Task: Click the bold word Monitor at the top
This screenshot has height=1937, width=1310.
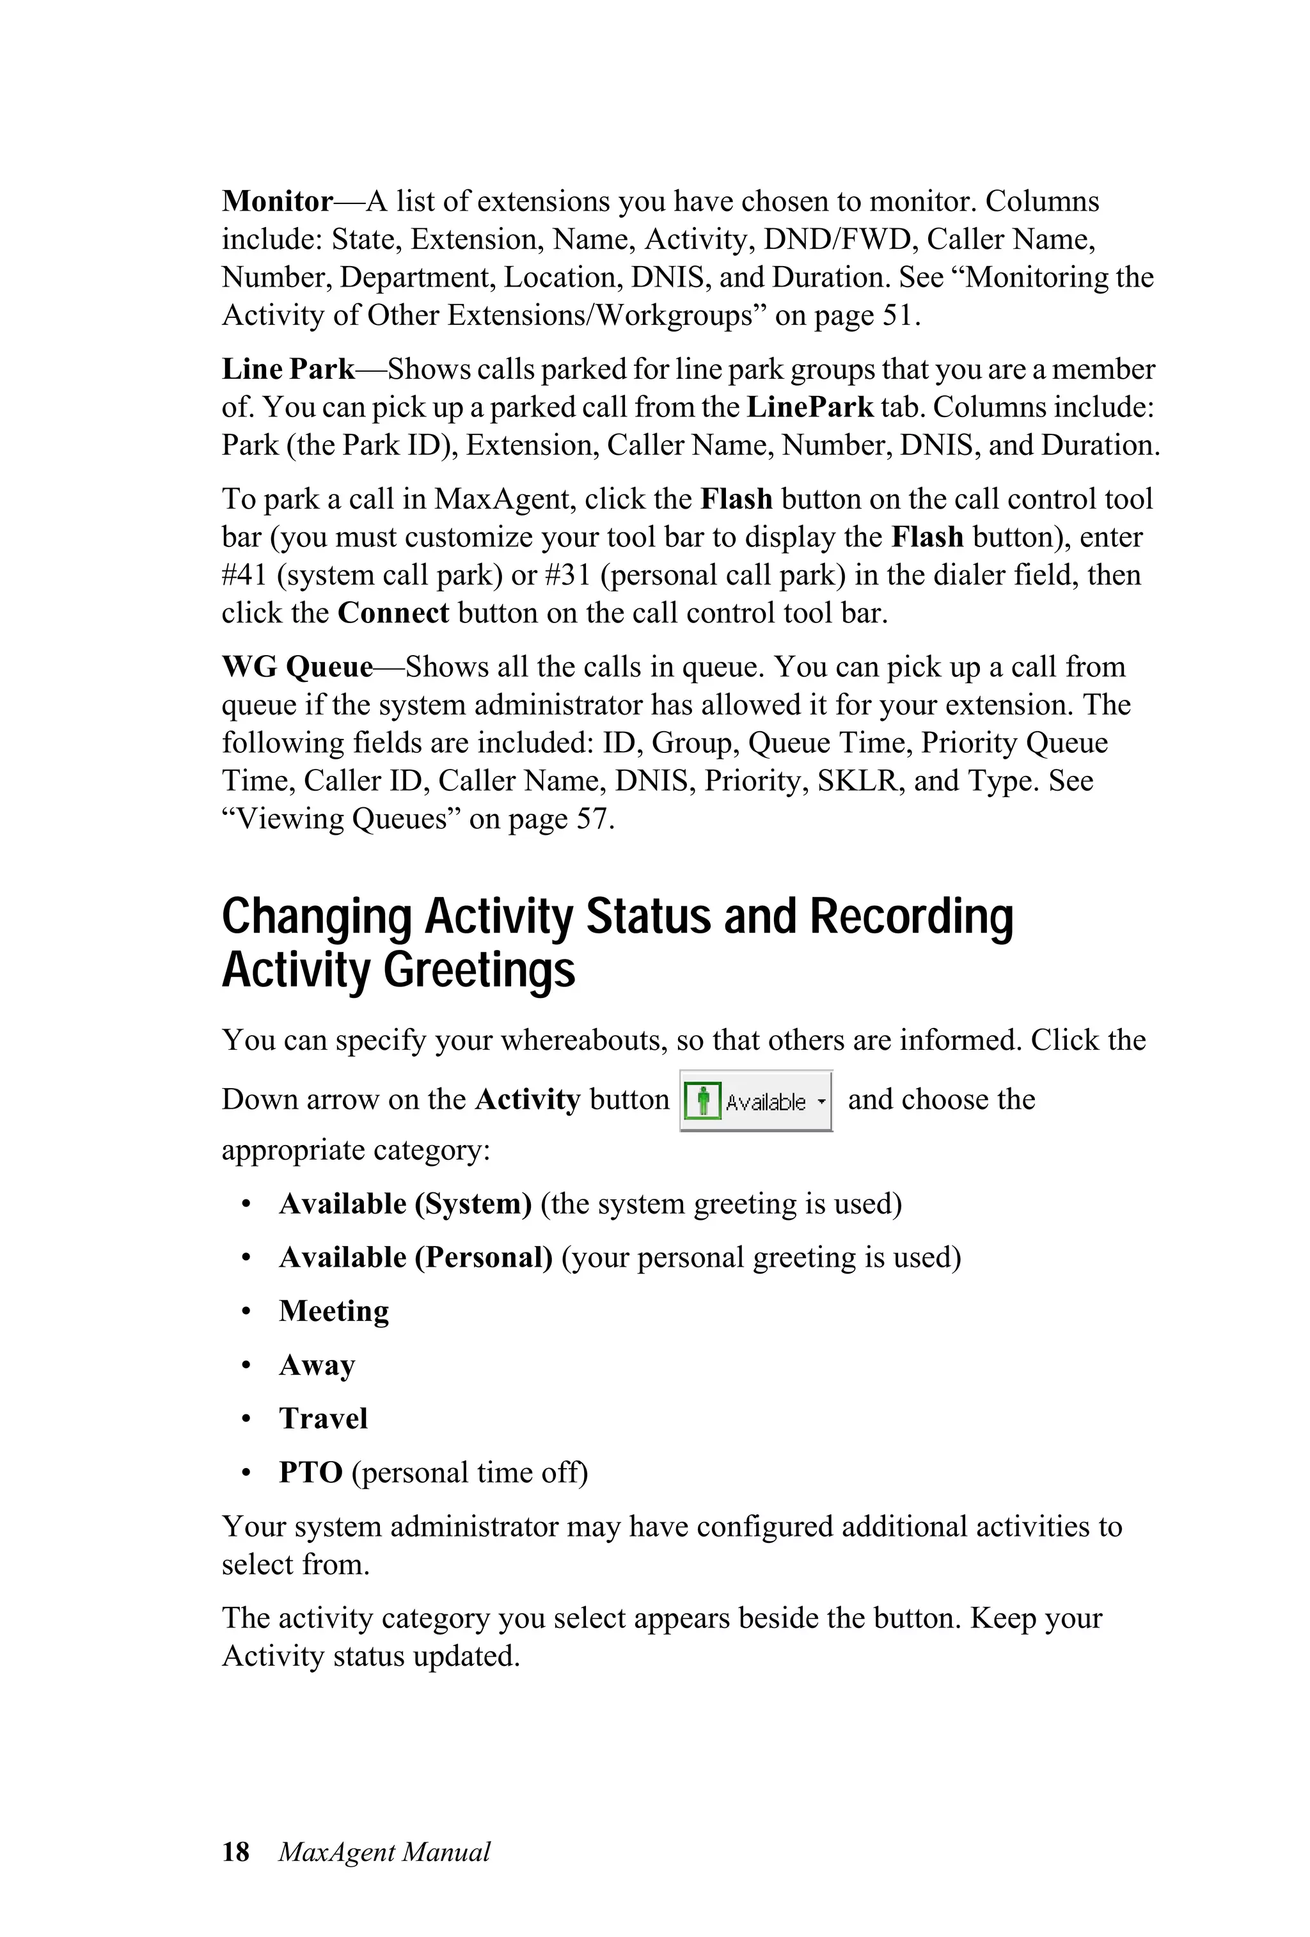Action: point(277,202)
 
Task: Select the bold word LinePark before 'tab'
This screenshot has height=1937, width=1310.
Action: point(809,407)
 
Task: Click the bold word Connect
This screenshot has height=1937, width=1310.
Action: point(393,613)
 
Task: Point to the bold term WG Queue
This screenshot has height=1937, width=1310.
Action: point(297,667)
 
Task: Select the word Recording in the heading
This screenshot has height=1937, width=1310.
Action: point(911,916)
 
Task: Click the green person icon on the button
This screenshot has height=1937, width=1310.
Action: point(702,1101)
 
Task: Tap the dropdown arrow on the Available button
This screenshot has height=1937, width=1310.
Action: point(821,1101)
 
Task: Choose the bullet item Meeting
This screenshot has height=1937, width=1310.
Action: point(333,1311)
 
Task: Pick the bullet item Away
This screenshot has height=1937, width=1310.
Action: point(317,1365)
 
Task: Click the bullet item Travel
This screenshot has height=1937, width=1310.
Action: point(322,1419)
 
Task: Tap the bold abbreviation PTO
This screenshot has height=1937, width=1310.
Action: point(310,1473)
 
